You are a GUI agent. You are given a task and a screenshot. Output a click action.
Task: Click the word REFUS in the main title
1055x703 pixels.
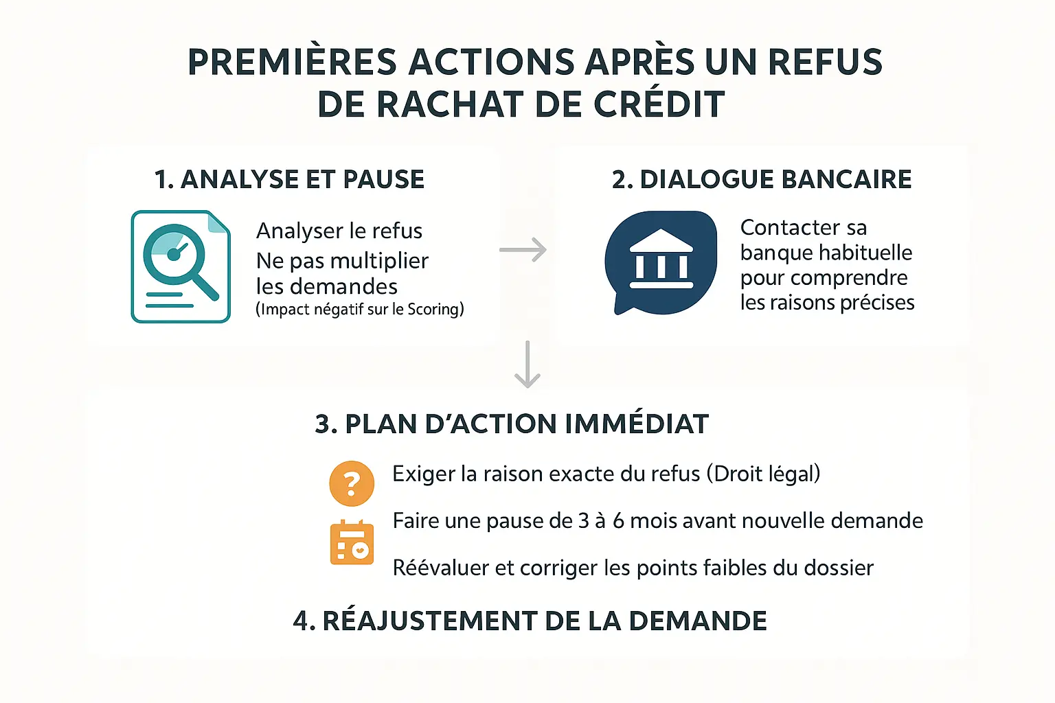click(825, 62)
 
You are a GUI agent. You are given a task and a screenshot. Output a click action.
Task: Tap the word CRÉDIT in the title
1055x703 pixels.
click(659, 105)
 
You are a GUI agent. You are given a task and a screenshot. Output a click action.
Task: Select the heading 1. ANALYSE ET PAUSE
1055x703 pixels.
click(289, 180)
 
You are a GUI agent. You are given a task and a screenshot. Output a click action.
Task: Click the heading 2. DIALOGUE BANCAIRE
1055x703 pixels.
click(762, 180)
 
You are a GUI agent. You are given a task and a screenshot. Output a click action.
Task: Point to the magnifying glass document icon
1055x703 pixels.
click(181, 266)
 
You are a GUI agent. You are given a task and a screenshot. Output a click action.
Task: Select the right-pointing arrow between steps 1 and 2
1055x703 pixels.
click(523, 250)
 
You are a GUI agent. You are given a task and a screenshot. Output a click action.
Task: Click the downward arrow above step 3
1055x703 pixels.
click(527, 365)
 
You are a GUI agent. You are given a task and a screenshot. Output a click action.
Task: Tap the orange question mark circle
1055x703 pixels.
click(352, 483)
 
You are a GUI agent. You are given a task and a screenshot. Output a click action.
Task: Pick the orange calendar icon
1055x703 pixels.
click(352, 542)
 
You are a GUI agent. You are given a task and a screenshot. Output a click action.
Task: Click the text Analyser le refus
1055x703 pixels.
click(339, 231)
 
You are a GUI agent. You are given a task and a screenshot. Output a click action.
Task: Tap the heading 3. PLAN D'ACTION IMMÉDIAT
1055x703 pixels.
click(512, 424)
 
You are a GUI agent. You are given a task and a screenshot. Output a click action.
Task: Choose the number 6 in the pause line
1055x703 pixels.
click(618, 521)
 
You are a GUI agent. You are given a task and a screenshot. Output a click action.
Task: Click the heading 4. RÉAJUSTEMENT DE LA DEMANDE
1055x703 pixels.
click(530, 621)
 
